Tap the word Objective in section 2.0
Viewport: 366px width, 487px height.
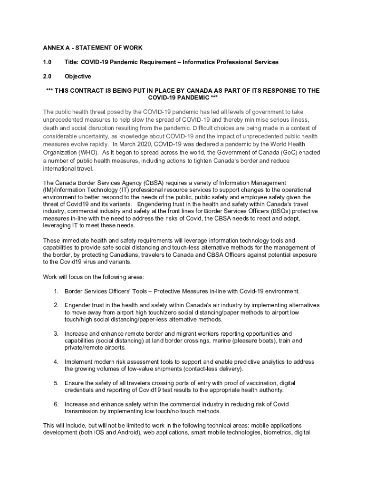tap(78, 76)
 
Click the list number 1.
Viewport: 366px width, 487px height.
tap(56, 291)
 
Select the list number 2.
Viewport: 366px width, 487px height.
tap(56, 305)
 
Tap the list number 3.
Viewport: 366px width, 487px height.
tap(56, 333)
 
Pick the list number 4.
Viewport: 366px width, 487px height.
tap(56, 362)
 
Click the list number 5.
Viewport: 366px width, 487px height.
tap(56, 383)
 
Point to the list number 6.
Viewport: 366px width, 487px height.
tap(56, 404)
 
